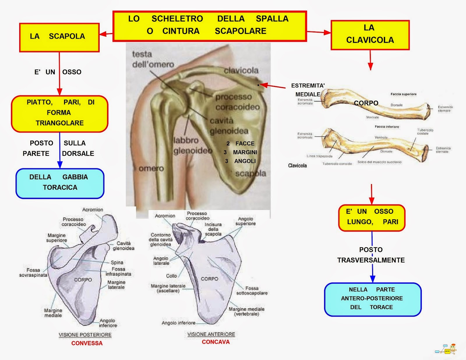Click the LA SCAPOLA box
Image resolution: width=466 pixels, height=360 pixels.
[x=59, y=38]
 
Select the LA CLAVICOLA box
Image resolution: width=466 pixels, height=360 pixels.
[x=370, y=35]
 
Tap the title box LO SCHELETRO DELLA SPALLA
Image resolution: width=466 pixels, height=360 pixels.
[x=209, y=26]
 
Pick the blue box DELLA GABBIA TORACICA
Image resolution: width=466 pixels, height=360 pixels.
[x=60, y=183]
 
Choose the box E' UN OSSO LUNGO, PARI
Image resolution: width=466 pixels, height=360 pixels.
[x=372, y=218]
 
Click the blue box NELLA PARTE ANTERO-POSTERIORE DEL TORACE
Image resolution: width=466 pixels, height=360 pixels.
[x=373, y=299]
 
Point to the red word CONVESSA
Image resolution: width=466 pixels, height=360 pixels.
[x=87, y=343]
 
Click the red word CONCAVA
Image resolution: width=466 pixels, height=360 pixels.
[x=216, y=342]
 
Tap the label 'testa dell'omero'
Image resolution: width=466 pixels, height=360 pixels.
[x=153, y=59]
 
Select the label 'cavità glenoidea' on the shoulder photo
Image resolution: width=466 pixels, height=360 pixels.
[x=229, y=126]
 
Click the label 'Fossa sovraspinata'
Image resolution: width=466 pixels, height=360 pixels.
[x=33, y=272]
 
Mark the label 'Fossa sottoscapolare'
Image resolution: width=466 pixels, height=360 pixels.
[x=252, y=290]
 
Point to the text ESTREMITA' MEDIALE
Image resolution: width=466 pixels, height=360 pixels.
[x=308, y=90]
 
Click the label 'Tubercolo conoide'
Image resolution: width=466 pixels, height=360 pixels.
[x=337, y=164]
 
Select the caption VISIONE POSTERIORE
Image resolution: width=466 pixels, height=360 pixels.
[x=85, y=335]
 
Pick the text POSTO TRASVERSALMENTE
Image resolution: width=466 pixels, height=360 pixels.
[x=371, y=255]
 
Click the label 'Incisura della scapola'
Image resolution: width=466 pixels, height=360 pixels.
[x=213, y=229]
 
